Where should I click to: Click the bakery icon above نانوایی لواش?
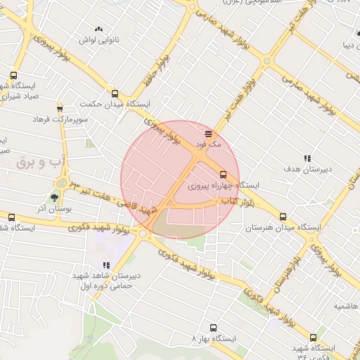(98, 30)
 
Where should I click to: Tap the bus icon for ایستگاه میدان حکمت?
(115, 93)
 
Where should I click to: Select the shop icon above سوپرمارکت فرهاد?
(60, 109)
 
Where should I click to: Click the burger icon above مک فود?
(208, 133)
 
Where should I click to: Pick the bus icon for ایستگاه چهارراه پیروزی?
(223, 174)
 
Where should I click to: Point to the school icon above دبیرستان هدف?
(307, 158)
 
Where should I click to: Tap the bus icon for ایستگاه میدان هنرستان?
(283, 217)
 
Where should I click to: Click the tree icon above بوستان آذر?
(55, 197)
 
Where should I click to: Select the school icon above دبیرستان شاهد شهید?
(106, 265)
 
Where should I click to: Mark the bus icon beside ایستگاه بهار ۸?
(214, 327)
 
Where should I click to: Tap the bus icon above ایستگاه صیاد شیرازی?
(13, 75)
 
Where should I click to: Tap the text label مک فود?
(210, 143)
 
